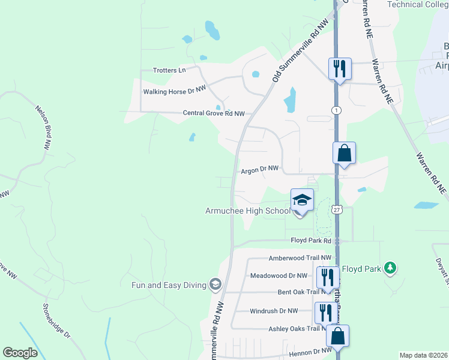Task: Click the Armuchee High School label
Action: (x=247, y=211)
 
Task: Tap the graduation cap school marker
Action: (x=302, y=200)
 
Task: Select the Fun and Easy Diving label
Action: (x=169, y=284)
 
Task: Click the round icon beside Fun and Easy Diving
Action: (x=215, y=284)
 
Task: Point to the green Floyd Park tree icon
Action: (x=391, y=266)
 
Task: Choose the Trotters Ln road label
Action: (x=169, y=70)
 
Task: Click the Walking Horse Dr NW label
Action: (x=174, y=92)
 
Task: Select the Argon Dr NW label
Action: (x=261, y=170)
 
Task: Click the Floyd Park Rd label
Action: (x=311, y=241)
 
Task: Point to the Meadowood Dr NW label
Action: (x=277, y=276)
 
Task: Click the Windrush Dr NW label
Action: (x=273, y=311)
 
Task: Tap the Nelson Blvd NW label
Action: (x=47, y=124)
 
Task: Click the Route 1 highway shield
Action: (x=336, y=110)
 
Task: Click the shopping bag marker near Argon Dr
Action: (x=345, y=153)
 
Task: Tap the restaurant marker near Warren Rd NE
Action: (x=339, y=69)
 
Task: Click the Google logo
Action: (x=20, y=353)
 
